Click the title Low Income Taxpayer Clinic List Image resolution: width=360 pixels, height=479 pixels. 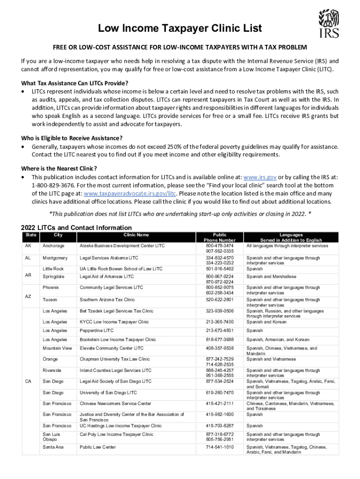pyautogui.click(x=180, y=29)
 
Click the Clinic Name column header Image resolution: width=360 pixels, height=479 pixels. pyautogui.click(x=136, y=235)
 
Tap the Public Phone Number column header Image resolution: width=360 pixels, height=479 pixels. pyautogui.click(x=220, y=238)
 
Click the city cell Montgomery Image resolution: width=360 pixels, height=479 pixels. pyautogui.click(x=55, y=258)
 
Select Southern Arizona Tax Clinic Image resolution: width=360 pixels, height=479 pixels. pyautogui.click(x=107, y=300)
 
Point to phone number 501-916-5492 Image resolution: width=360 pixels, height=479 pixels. pyautogui.click(x=219, y=269)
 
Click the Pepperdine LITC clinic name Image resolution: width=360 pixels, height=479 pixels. pyautogui.click(x=96, y=331)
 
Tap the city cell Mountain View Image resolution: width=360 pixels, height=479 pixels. pyautogui.click(x=57, y=348)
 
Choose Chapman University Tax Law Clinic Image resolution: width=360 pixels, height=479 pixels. pyautogui.click(x=115, y=359)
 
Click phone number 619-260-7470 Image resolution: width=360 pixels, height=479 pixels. pyautogui.click(x=219, y=393)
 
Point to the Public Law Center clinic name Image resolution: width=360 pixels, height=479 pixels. pyautogui.click(x=98, y=447)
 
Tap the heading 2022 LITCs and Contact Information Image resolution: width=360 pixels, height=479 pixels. pyautogui.click(x=76, y=228)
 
